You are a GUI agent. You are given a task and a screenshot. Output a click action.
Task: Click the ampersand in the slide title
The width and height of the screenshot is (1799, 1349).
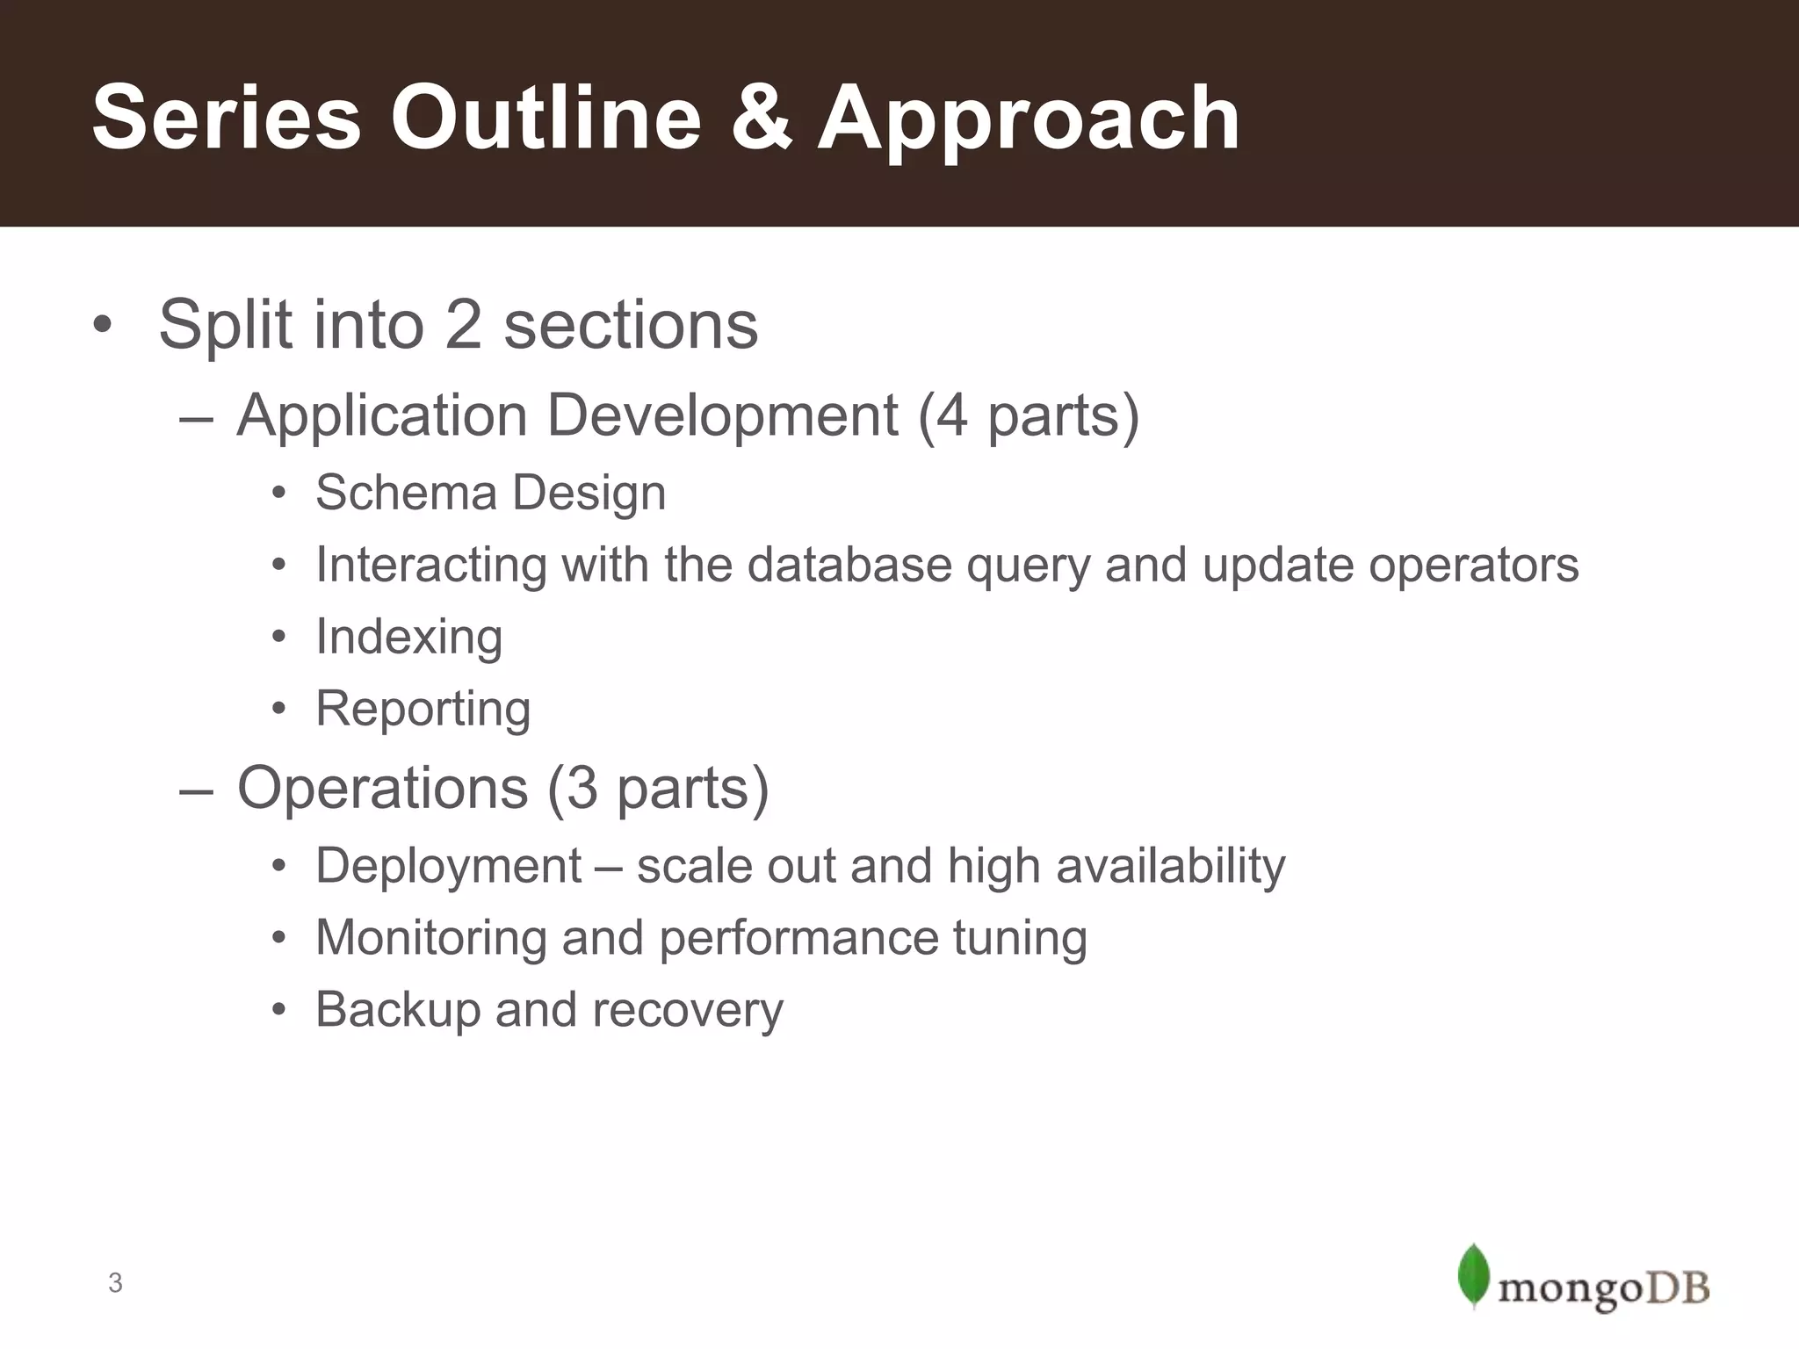pos(760,119)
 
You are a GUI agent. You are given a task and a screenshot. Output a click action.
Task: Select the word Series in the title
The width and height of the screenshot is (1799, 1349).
pos(226,119)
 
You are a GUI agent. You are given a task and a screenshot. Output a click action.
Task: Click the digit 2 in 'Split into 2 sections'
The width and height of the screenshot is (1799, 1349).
pos(464,325)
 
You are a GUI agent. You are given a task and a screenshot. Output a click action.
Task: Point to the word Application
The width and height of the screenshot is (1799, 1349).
pos(381,415)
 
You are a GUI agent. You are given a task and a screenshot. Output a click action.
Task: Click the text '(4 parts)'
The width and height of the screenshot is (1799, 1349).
pos(1028,415)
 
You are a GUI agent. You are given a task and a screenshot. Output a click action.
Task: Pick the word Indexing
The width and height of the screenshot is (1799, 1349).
pos(408,637)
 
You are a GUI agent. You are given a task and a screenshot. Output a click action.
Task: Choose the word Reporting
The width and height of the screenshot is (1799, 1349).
pos(423,709)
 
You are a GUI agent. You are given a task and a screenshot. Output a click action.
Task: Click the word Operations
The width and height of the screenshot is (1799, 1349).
pos(382,788)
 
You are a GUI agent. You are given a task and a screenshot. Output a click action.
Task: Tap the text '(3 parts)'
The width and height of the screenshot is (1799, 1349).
pos(658,788)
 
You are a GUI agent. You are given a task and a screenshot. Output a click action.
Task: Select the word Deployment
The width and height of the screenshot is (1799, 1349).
pos(448,867)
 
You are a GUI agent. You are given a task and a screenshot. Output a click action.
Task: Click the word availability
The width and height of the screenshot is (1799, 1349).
pos(1170,867)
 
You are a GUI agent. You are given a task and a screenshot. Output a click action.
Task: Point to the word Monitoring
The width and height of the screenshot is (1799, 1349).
pos(430,938)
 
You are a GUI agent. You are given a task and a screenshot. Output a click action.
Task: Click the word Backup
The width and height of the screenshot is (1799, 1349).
pos(397,1010)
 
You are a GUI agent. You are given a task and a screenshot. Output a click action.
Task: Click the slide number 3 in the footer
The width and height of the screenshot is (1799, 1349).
pos(115,1283)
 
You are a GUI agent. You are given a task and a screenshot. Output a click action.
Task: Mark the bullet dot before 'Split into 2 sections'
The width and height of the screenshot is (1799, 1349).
pos(103,325)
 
